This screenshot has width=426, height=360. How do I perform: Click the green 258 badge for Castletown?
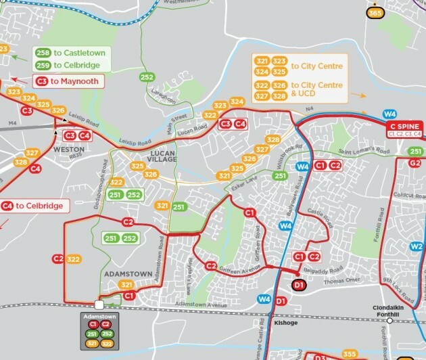point(42,52)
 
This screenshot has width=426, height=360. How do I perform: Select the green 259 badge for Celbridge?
point(42,65)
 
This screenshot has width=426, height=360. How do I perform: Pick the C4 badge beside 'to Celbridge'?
point(8,206)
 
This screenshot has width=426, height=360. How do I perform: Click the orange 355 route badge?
point(349,355)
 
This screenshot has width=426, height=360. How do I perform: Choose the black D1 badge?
point(300,286)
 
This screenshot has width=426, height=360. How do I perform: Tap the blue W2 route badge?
point(417,246)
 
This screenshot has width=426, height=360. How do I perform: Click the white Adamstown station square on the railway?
point(99,305)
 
